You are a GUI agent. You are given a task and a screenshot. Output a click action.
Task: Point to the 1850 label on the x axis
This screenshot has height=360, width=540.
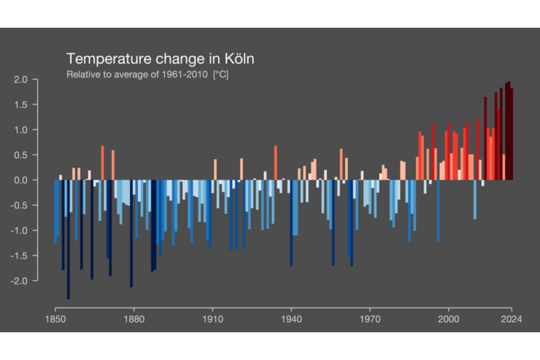pyautogui.click(x=55, y=319)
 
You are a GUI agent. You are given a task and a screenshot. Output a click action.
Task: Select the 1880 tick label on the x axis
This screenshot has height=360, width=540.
pyautogui.click(x=133, y=319)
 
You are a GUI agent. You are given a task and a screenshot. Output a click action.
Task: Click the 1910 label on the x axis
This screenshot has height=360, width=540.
pyautogui.click(x=212, y=319)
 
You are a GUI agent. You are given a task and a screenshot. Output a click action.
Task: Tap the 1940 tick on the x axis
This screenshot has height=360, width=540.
pyautogui.click(x=291, y=319)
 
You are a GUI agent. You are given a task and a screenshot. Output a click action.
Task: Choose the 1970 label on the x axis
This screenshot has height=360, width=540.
pyautogui.click(x=370, y=319)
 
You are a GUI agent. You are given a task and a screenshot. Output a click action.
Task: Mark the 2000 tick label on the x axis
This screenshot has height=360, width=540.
pyautogui.click(x=449, y=319)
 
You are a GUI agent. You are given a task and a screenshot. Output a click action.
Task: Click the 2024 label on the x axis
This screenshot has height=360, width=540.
pyautogui.click(x=512, y=319)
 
